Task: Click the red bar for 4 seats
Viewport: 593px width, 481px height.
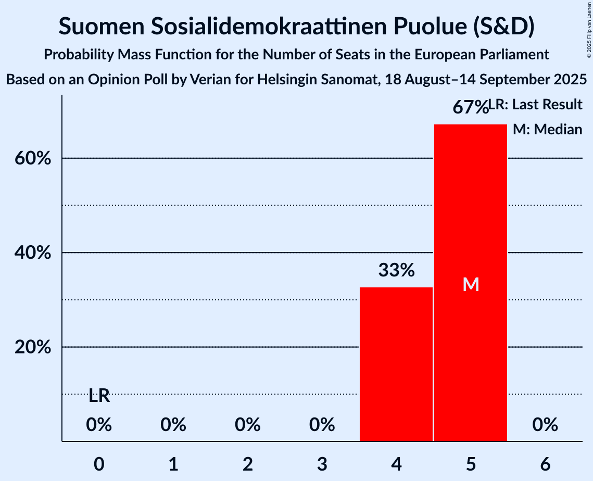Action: (x=396, y=364)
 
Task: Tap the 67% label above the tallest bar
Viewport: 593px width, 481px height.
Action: (x=470, y=108)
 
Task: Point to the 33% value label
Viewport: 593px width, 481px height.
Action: (x=396, y=270)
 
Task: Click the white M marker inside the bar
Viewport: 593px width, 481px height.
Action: (x=471, y=284)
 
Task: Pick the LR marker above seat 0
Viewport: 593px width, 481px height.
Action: (x=99, y=396)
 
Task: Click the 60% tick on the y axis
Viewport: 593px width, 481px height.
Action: (x=32, y=158)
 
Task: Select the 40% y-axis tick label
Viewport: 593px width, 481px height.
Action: (x=32, y=253)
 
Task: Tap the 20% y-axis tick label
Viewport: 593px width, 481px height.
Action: (x=32, y=347)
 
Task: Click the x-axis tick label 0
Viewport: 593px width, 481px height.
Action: (x=99, y=464)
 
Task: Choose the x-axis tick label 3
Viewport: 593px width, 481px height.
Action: (x=322, y=464)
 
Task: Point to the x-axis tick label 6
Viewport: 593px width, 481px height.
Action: (x=545, y=464)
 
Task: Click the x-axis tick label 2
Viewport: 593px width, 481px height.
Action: (x=248, y=464)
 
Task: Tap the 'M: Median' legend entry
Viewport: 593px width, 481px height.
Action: (x=547, y=130)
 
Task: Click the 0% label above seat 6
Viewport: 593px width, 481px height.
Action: (x=545, y=425)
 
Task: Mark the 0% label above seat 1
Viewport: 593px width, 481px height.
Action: (x=173, y=425)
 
